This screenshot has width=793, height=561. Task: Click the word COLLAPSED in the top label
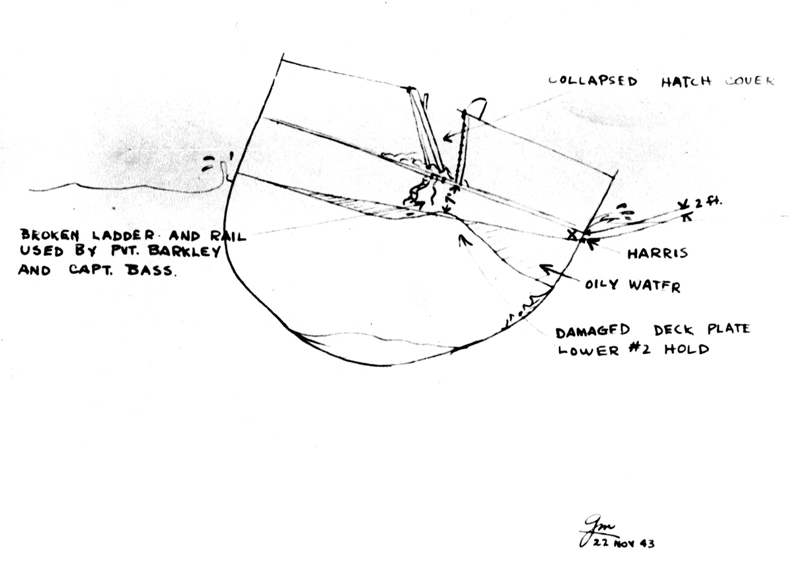click(x=593, y=81)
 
